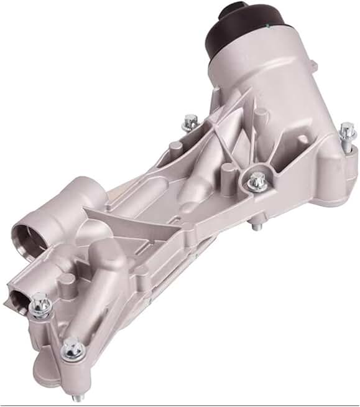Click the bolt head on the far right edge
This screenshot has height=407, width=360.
click(346, 131)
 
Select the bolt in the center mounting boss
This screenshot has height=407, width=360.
click(256, 182)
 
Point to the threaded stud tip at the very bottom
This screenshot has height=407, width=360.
click(77, 398)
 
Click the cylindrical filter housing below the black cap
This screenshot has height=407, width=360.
click(267, 81)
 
